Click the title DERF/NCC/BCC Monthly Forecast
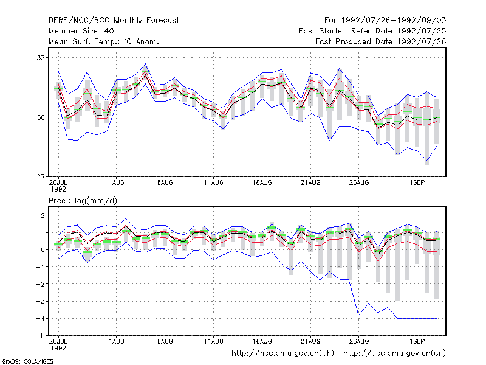coord(114,21)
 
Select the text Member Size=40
coord(81,31)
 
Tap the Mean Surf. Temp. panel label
coord(103,41)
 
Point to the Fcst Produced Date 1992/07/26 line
coord(381,41)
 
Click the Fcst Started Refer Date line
coord(372,31)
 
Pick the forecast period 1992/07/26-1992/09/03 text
coord(385,21)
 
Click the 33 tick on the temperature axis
coord(41,58)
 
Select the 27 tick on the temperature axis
coord(41,177)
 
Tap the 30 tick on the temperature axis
coord(41,117)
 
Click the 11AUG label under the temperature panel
coord(214,183)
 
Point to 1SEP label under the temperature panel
coord(417,183)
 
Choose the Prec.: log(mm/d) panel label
coord(83,201)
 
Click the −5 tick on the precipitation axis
coord(40,336)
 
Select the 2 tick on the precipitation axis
coord(43,215)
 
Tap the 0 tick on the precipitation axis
coord(43,250)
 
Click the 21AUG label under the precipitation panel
coord(310,341)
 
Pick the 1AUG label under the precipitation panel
coord(117,341)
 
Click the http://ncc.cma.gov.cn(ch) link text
coord(282,353)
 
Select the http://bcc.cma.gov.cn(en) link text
coord(394,353)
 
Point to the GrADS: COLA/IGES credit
coord(27,361)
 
